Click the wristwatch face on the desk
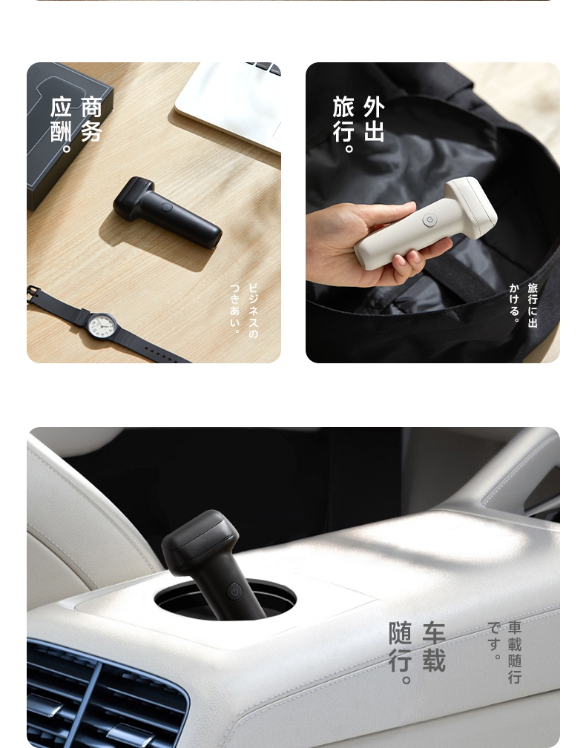coord(102,326)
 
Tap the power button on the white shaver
coord(429,220)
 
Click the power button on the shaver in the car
coord(234,592)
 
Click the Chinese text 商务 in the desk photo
coord(91,119)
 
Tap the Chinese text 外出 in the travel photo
coord(374,119)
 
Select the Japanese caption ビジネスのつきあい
coord(244,308)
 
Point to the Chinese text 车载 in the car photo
coord(434,647)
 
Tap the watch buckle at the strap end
coord(33,294)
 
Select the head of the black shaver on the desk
coord(134,199)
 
